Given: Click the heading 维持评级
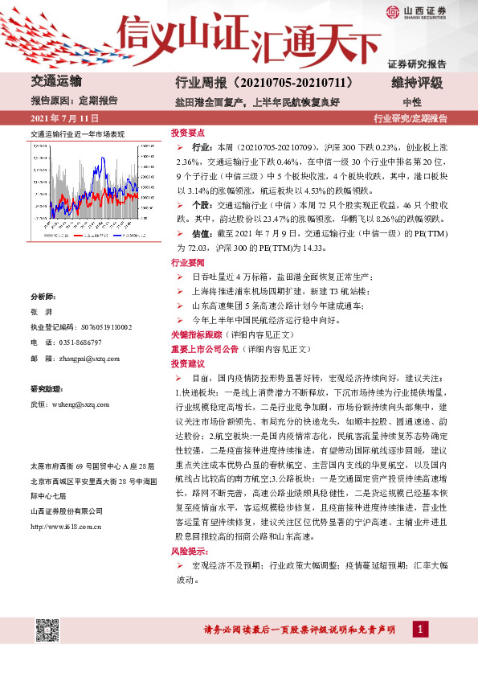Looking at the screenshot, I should [x=418, y=82].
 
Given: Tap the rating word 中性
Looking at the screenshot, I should [x=411, y=102].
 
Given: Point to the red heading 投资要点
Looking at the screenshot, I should [x=187, y=133].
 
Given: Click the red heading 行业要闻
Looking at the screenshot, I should [x=187, y=262].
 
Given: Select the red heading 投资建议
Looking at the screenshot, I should [x=187, y=363].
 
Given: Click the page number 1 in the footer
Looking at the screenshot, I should [x=419, y=628].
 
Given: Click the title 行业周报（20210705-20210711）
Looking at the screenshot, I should [x=264, y=82].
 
